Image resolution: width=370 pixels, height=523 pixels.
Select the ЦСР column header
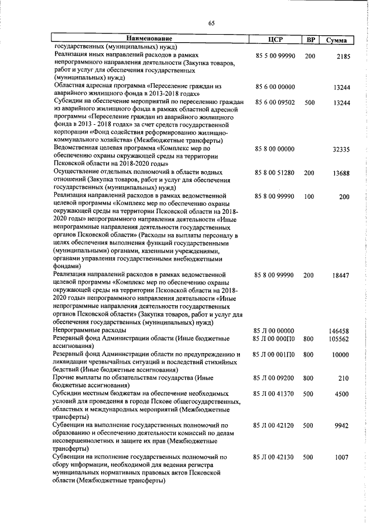[x=275, y=40]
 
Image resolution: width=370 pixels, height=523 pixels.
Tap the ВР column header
[x=310, y=40]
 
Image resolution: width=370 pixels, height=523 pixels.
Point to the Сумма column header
[x=336, y=40]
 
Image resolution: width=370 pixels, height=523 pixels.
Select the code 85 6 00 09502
[x=275, y=102]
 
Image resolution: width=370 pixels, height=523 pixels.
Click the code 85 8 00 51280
[x=275, y=173]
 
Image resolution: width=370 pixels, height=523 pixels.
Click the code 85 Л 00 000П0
[x=275, y=338]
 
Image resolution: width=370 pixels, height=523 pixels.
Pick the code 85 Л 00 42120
[x=275, y=425]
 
